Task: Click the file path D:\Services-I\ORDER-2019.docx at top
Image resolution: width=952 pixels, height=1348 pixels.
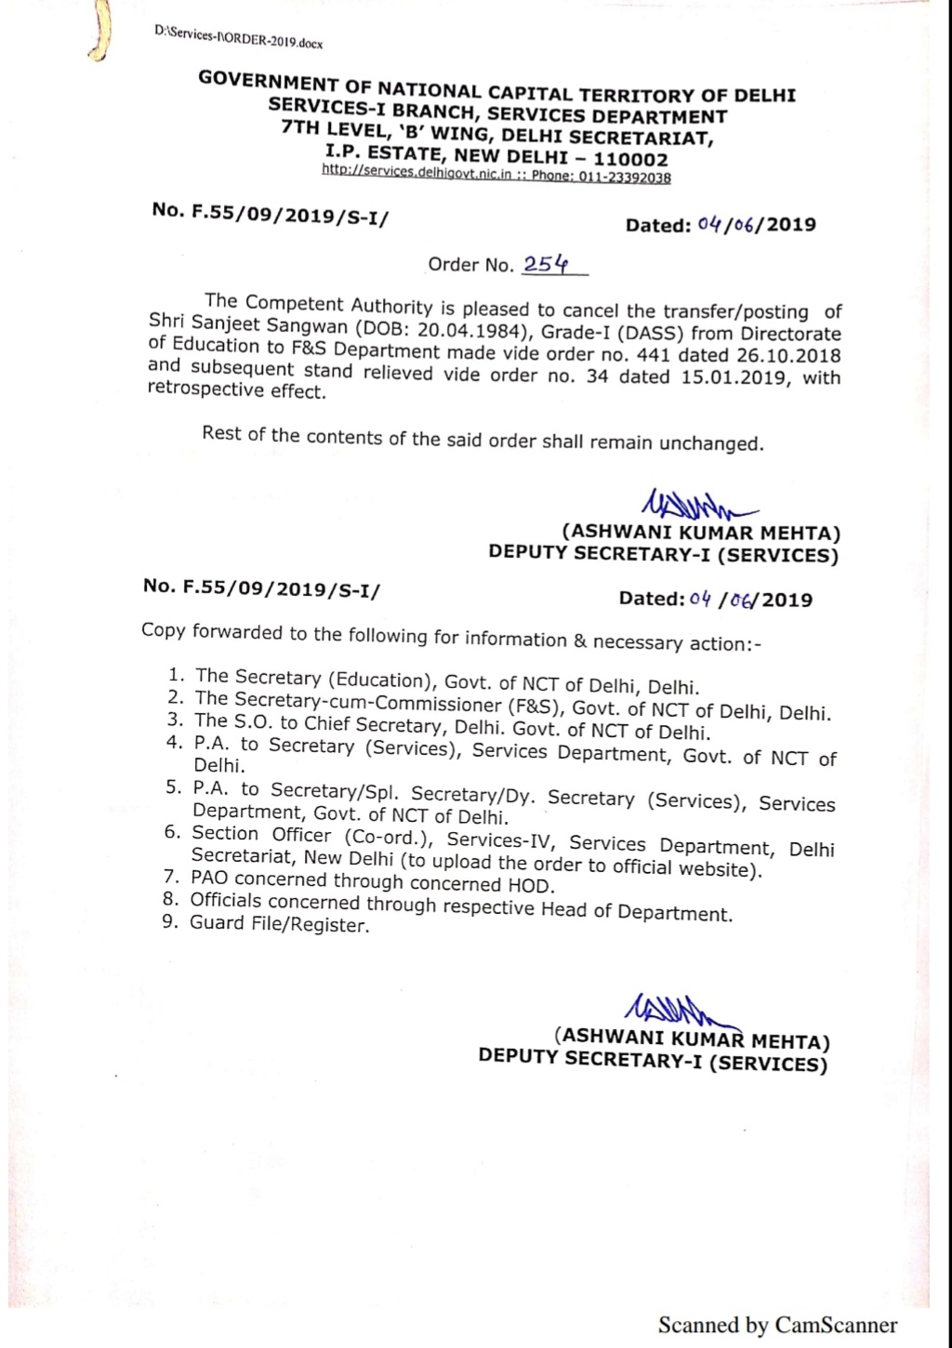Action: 239,38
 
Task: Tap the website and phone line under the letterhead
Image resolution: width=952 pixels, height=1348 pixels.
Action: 496,175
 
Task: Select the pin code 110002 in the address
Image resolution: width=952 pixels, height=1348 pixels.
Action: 630,159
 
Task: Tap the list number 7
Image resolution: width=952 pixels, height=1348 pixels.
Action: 171,876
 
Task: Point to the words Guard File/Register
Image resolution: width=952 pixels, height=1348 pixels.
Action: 280,924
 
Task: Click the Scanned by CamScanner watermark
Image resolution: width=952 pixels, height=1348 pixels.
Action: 777,1325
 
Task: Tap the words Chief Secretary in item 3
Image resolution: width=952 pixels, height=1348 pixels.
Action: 373,725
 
